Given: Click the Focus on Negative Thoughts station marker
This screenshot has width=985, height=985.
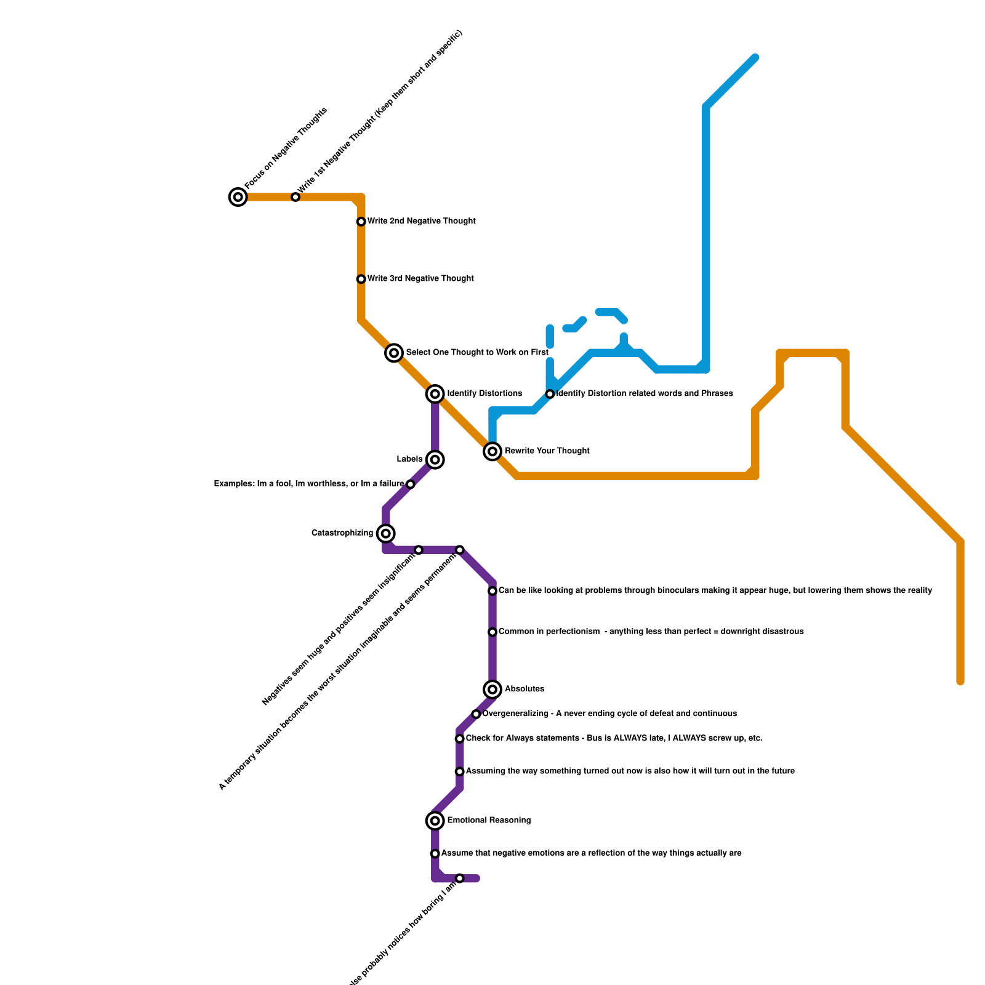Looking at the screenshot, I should [x=238, y=197].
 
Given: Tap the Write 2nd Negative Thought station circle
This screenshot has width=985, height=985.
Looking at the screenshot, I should [x=361, y=222].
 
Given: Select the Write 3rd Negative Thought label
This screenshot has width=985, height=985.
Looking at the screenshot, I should [x=420, y=279].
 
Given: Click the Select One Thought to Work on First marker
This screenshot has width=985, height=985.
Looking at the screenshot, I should [x=394, y=353].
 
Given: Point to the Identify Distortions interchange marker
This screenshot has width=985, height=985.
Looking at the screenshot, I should [x=435, y=394].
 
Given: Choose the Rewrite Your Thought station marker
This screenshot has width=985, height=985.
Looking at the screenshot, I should [x=492, y=451].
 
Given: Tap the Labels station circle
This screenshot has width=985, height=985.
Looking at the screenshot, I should [x=435, y=460].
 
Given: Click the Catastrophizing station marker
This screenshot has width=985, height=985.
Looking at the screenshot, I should [x=386, y=533].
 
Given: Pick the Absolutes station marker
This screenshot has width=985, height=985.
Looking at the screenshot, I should [x=492, y=689].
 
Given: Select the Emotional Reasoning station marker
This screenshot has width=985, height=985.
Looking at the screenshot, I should [x=435, y=821].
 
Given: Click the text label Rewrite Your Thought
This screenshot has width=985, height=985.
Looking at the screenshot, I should [x=547, y=451].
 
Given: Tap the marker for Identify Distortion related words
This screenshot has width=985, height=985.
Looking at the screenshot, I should [x=550, y=394].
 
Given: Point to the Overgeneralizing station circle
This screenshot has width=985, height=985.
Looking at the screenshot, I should [x=476, y=714].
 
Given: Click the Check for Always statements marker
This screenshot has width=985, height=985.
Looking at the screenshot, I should [x=459, y=739].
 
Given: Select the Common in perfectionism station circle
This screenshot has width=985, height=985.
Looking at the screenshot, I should [x=492, y=632].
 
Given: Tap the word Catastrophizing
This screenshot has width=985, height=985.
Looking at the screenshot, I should [x=342, y=533].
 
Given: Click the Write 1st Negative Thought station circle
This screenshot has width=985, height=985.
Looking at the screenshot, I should [x=295, y=197].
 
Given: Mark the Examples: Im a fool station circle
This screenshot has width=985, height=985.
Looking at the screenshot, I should [x=411, y=484].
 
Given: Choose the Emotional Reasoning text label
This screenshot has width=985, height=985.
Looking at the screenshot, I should [x=489, y=821].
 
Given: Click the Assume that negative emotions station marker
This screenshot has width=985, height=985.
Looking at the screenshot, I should [x=435, y=854].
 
